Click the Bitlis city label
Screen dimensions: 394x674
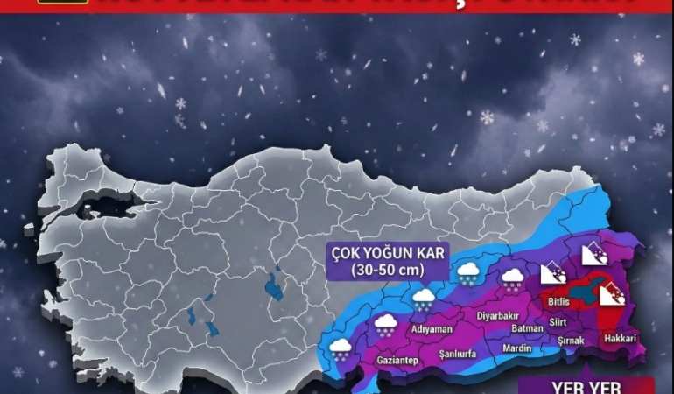pos(558,302)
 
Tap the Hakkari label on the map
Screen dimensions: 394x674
pos(618,338)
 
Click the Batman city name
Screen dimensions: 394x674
pos(526,328)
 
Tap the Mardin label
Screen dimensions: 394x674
pos(516,348)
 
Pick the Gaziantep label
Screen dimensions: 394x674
pos(397,360)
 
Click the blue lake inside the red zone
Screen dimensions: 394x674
pos(587,291)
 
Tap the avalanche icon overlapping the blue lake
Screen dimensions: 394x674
pos(610,295)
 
